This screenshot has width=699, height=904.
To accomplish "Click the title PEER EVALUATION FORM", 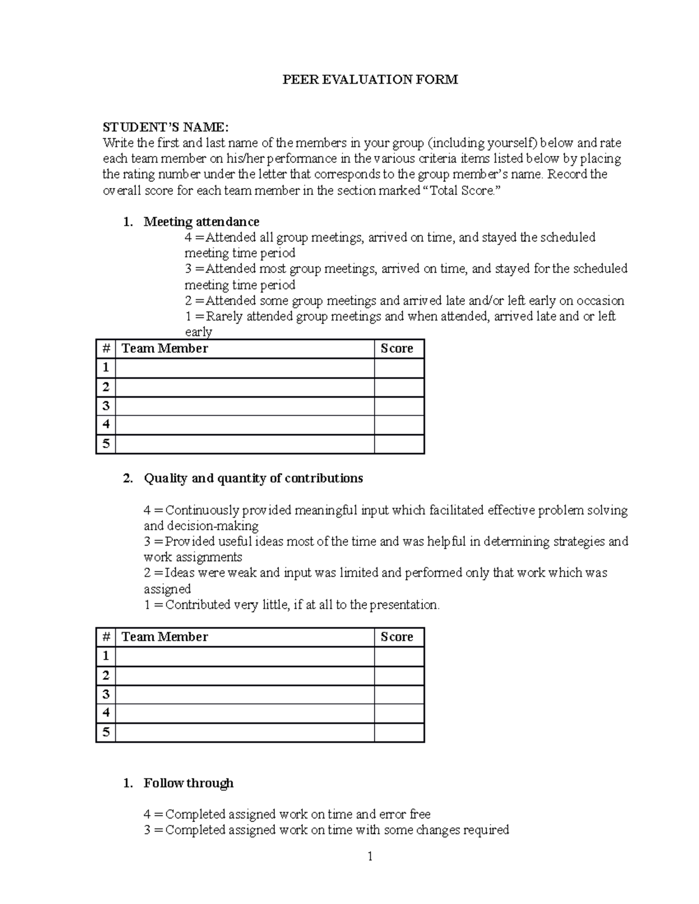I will coord(370,80).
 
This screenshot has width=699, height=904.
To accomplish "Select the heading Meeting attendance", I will coord(201,222).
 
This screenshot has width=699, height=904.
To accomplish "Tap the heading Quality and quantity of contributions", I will coord(253,478).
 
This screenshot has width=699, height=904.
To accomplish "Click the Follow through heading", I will coord(188,783).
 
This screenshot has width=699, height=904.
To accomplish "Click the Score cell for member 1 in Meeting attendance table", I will coord(398,368).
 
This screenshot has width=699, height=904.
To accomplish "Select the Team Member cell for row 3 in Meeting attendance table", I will coord(245,406).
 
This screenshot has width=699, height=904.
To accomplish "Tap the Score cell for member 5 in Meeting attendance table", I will coord(398,444).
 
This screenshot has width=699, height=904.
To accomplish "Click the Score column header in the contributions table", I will coord(397,637).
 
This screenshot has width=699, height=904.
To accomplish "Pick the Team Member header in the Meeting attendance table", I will coord(164,349).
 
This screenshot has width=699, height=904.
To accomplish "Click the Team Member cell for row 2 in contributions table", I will coord(245,675).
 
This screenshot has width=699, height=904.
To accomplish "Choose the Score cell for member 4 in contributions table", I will coord(398,713).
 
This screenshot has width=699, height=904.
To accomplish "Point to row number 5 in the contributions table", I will coord(105,732).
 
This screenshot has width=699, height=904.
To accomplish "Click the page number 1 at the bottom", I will coord(369,856).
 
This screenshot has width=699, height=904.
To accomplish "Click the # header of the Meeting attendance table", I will coord(105,349).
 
